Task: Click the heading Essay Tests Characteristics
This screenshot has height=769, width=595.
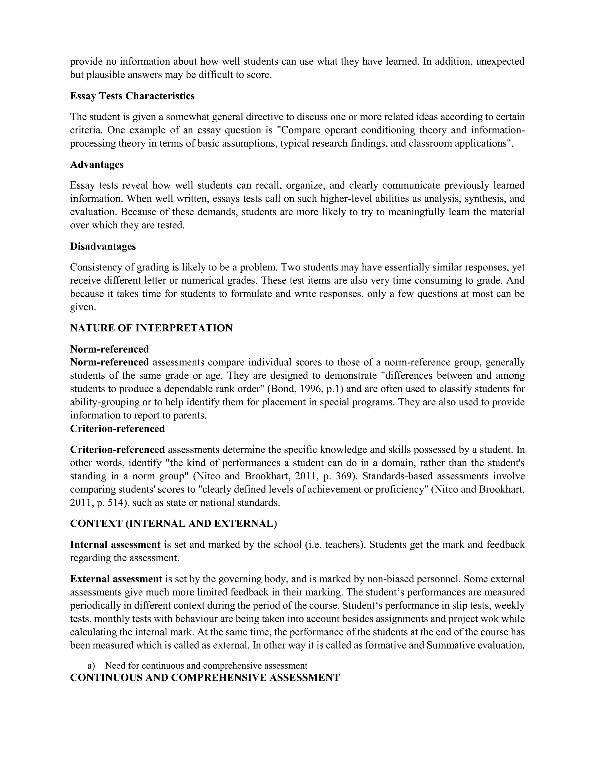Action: [132, 96]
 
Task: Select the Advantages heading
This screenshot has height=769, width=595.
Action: [96, 165]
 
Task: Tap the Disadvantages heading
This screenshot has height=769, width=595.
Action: [103, 246]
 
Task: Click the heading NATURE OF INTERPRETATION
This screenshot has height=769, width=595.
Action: [151, 328]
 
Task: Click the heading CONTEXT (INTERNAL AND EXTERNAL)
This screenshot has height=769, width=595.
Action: [173, 524]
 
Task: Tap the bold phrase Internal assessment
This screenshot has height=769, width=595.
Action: [115, 545]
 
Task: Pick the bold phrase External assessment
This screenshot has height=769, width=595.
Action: [116, 579]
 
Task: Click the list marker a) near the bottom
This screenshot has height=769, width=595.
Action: [91, 665]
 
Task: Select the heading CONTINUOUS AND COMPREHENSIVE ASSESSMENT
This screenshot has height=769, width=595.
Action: [205, 678]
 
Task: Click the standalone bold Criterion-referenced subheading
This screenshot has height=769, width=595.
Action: [117, 429]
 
